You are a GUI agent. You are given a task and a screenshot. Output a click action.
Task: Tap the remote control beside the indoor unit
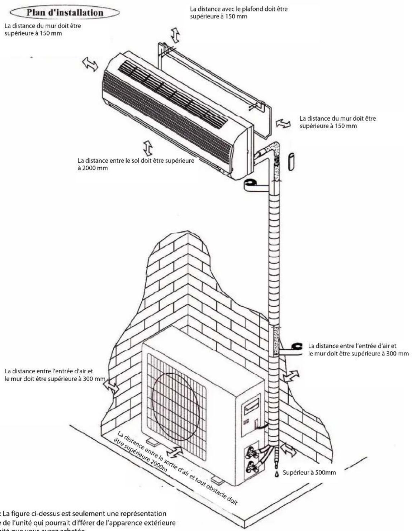[x=291, y=162]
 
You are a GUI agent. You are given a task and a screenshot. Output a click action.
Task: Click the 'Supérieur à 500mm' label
[x=309, y=472]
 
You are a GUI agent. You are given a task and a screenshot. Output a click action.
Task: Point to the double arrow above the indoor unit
[x=175, y=35]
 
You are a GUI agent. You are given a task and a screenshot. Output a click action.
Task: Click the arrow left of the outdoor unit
[x=112, y=388]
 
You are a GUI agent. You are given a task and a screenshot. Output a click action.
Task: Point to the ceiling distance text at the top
[x=238, y=13]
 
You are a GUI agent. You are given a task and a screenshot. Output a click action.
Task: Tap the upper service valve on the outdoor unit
[x=250, y=455]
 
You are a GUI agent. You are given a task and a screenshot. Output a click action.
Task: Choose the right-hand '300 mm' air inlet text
[x=358, y=349]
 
